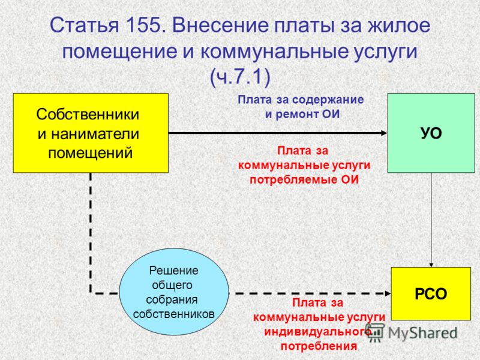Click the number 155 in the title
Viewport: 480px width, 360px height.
(x=143, y=25)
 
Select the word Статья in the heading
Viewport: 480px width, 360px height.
(x=84, y=25)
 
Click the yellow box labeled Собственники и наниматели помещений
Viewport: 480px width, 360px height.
(x=91, y=133)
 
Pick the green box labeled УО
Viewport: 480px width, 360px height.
(x=431, y=133)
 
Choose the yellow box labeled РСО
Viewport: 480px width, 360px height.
(x=431, y=293)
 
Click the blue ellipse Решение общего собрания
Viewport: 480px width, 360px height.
(x=174, y=292)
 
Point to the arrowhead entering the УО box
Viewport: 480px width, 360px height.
(x=384, y=133)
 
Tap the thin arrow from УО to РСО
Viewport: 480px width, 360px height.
(x=431, y=220)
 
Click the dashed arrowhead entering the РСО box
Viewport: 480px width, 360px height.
(x=388, y=293)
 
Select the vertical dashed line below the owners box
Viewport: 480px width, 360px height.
(x=91, y=233)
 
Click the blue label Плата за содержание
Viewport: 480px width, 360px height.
(x=301, y=100)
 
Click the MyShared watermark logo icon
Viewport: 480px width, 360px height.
(x=374, y=332)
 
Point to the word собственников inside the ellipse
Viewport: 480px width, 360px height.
(x=174, y=314)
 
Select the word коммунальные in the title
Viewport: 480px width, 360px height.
(x=275, y=51)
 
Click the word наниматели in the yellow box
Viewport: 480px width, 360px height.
(x=88, y=134)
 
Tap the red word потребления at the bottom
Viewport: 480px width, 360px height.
(x=319, y=346)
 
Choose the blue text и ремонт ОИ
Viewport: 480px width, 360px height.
(x=302, y=114)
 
